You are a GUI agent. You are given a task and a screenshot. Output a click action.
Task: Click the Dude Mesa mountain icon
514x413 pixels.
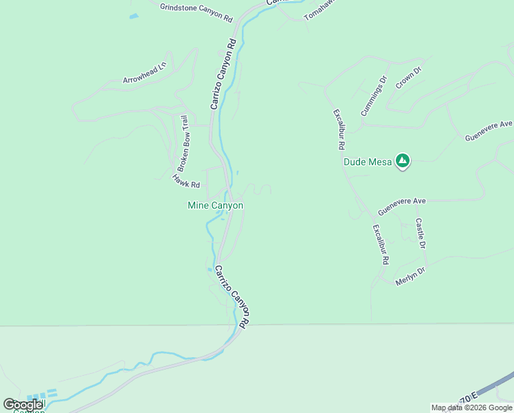coord(403,162)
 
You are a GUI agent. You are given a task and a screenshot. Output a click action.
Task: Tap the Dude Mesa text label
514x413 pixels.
coord(368,162)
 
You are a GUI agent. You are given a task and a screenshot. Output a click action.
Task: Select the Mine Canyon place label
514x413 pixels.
coord(215,205)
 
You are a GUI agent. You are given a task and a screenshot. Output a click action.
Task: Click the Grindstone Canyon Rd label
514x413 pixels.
coord(196,12)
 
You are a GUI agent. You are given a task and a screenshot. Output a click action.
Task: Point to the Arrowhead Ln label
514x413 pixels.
coord(145,74)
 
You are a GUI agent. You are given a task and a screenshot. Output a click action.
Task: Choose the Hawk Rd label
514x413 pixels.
coord(186,181)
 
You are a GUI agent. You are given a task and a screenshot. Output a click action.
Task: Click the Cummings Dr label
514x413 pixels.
coord(374,96)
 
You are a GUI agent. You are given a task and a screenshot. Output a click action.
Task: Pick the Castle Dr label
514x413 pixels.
coord(420,233)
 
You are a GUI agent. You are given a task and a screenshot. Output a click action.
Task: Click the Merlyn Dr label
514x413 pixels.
coord(411,277)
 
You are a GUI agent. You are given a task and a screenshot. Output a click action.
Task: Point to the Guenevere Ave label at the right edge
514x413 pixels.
coord(489,130)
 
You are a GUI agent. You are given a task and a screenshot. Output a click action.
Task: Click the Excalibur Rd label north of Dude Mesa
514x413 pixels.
coord(337,129)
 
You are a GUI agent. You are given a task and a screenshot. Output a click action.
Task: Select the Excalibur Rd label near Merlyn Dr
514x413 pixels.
coord(381,244)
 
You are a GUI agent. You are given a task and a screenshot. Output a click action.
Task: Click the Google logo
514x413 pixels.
coord(23,405)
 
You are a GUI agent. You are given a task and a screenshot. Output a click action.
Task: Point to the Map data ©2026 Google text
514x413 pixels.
coord(471,407)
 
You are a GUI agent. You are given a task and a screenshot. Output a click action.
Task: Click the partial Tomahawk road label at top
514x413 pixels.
coord(317,10)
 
